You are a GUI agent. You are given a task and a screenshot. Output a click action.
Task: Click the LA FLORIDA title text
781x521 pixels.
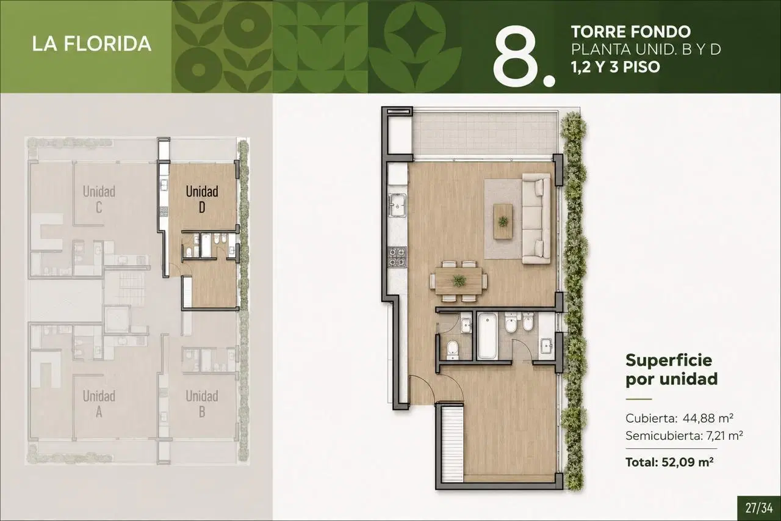click(92, 44)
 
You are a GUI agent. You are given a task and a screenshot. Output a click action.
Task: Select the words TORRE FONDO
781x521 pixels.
click(631, 32)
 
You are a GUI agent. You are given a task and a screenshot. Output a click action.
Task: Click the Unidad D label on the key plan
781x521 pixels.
click(202, 199)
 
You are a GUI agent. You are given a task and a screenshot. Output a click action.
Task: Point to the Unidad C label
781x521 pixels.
click(99, 199)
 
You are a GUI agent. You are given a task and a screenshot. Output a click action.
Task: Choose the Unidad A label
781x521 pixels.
click(99, 404)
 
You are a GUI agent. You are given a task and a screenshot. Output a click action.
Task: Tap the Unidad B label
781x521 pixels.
click(202, 404)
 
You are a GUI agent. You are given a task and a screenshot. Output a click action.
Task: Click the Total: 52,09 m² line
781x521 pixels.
click(669, 462)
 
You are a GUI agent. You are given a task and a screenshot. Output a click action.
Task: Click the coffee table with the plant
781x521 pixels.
click(503, 222)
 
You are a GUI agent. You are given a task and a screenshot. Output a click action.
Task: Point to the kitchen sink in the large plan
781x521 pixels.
click(397, 206)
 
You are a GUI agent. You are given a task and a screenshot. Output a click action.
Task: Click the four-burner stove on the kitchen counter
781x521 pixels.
click(397, 257)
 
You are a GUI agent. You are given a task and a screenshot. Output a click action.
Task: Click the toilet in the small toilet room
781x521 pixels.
click(453, 350)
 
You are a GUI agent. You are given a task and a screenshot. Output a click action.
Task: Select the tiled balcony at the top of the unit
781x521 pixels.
click(484, 134)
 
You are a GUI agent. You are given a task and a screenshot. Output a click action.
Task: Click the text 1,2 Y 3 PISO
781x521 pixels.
click(616, 67)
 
